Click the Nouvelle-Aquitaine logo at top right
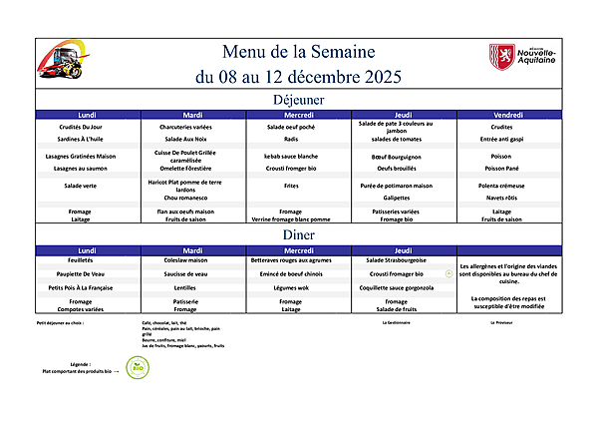(x=522, y=57)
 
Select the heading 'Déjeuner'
(x=298, y=100)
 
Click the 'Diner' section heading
(x=298, y=234)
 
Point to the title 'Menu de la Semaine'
(x=298, y=52)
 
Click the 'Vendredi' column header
(x=501, y=115)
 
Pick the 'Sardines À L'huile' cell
(x=87, y=139)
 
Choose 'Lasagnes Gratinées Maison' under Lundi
(x=87, y=157)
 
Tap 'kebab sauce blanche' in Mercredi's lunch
(x=291, y=157)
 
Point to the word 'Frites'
(x=291, y=186)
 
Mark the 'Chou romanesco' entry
(x=193, y=198)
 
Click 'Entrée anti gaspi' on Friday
(x=501, y=139)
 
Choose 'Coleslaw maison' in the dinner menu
(x=193, y=260)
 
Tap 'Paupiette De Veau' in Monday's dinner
(x=87, y=273)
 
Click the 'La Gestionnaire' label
(x=397, y=323)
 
